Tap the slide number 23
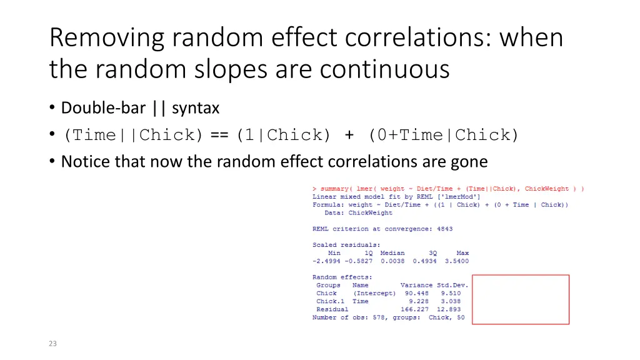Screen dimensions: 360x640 pyautogui.click(x=52, y=343)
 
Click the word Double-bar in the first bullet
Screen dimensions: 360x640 pyautogui.click(x=102, y=108)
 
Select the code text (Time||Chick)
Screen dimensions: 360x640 pyautogui.click(x=134, y=135)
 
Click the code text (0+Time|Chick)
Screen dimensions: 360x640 pyautogui.click(x=444, y=135)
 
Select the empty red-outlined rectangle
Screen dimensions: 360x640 pyautogui.click(x=520, y=299)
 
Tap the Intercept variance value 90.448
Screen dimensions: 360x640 pyautogui.click(x=417, y=293)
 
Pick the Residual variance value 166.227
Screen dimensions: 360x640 pyautogui.click(x=415, y=309)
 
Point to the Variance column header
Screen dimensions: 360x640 pyautogui.click(x=416, y=285)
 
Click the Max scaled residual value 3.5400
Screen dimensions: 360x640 pyautogui.click(x=456, y=261)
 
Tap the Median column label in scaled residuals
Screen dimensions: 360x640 pyautogui.click(x=392, y=253)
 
